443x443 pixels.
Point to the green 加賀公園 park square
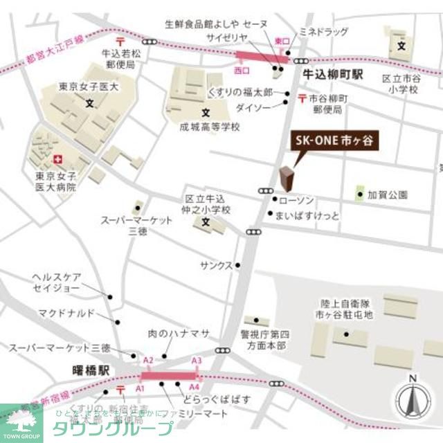pyautogui.click(x=359, y=195)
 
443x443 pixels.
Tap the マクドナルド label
pyautogui.click(x=66, y=314)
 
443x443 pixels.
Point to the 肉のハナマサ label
pyautogui.click(x=179, y=334)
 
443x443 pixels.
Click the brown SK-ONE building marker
pyautogui.click(x=285, y=180)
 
